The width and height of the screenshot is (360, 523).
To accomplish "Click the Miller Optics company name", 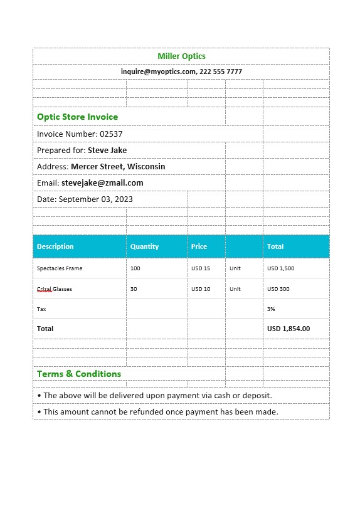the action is click(181, 56).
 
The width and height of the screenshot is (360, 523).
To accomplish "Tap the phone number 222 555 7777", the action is click(221, 72).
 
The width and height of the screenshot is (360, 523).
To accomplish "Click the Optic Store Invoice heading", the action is click(77, 117).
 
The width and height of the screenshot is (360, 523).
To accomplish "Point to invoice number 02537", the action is click(112, 134).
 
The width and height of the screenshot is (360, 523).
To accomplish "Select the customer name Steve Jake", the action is click(107, 151).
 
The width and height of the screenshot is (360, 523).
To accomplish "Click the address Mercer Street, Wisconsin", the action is click(118, 167).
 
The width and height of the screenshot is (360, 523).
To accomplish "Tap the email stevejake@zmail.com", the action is click(102, 183).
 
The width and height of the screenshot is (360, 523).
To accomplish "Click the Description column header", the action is click(55, 246).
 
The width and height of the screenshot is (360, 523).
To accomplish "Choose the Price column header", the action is click(199, 246).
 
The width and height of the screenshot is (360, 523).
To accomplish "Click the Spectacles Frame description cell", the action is click(60, 268).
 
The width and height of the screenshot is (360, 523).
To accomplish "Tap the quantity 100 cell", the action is click(135, 268).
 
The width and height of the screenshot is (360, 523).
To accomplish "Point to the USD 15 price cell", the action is click(201, 268).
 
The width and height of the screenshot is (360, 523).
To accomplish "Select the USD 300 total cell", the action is click(278, 289).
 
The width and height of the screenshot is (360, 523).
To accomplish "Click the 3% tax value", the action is click(271, 309).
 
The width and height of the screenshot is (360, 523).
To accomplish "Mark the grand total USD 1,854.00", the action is click(289, 329).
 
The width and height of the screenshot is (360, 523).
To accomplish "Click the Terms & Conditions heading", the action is click(79, 374).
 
